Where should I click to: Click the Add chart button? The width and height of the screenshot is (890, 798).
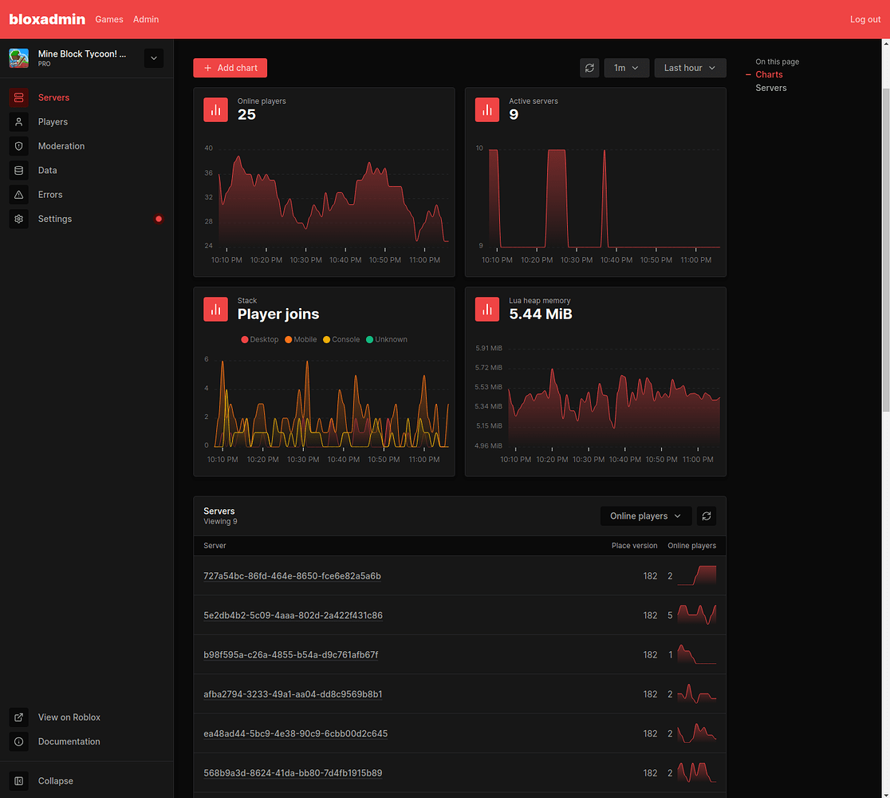(230, 68)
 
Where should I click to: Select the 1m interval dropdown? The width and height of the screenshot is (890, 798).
(626, 68)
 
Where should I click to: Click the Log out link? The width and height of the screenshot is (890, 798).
(864, 19)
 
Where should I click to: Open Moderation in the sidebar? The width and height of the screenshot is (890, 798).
(61, 146)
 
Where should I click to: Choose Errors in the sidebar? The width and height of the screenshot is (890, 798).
(49, 195)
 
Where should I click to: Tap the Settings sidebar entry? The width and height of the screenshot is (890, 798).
(54, 219)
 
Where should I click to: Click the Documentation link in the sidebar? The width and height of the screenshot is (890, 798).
(69, 741)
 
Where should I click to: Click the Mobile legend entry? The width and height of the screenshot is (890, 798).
(301, 339)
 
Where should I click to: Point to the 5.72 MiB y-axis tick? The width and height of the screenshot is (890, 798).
(488, 368)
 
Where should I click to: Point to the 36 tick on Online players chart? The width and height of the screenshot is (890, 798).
(208, 172)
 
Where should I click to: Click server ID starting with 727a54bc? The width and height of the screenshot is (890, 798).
(292, 576)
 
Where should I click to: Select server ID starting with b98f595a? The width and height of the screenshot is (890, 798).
(290, 655)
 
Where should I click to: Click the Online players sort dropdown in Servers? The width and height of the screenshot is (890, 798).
(645, 516)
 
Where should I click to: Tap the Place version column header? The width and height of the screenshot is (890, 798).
(634, 546)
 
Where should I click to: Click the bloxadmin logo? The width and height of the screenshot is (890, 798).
(47, 19)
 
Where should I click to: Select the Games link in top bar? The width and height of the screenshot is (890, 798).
(109, 19)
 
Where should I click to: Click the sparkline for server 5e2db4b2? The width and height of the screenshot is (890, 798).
(696, 614)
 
